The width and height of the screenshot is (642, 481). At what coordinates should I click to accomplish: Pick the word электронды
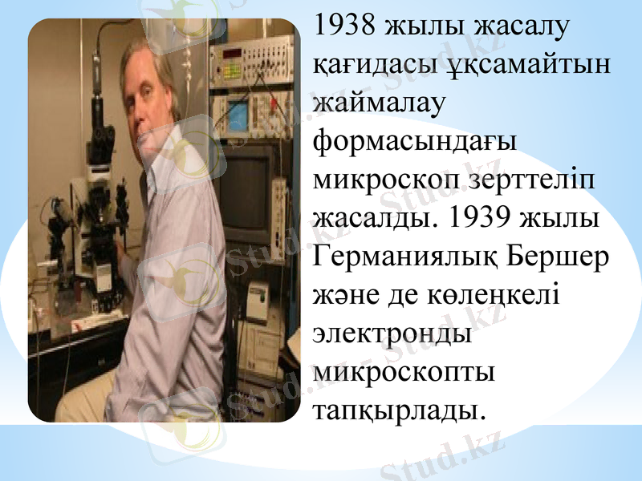392,334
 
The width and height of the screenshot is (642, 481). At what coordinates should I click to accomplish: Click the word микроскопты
404,373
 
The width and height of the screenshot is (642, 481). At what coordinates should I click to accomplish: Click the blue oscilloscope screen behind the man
238,115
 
